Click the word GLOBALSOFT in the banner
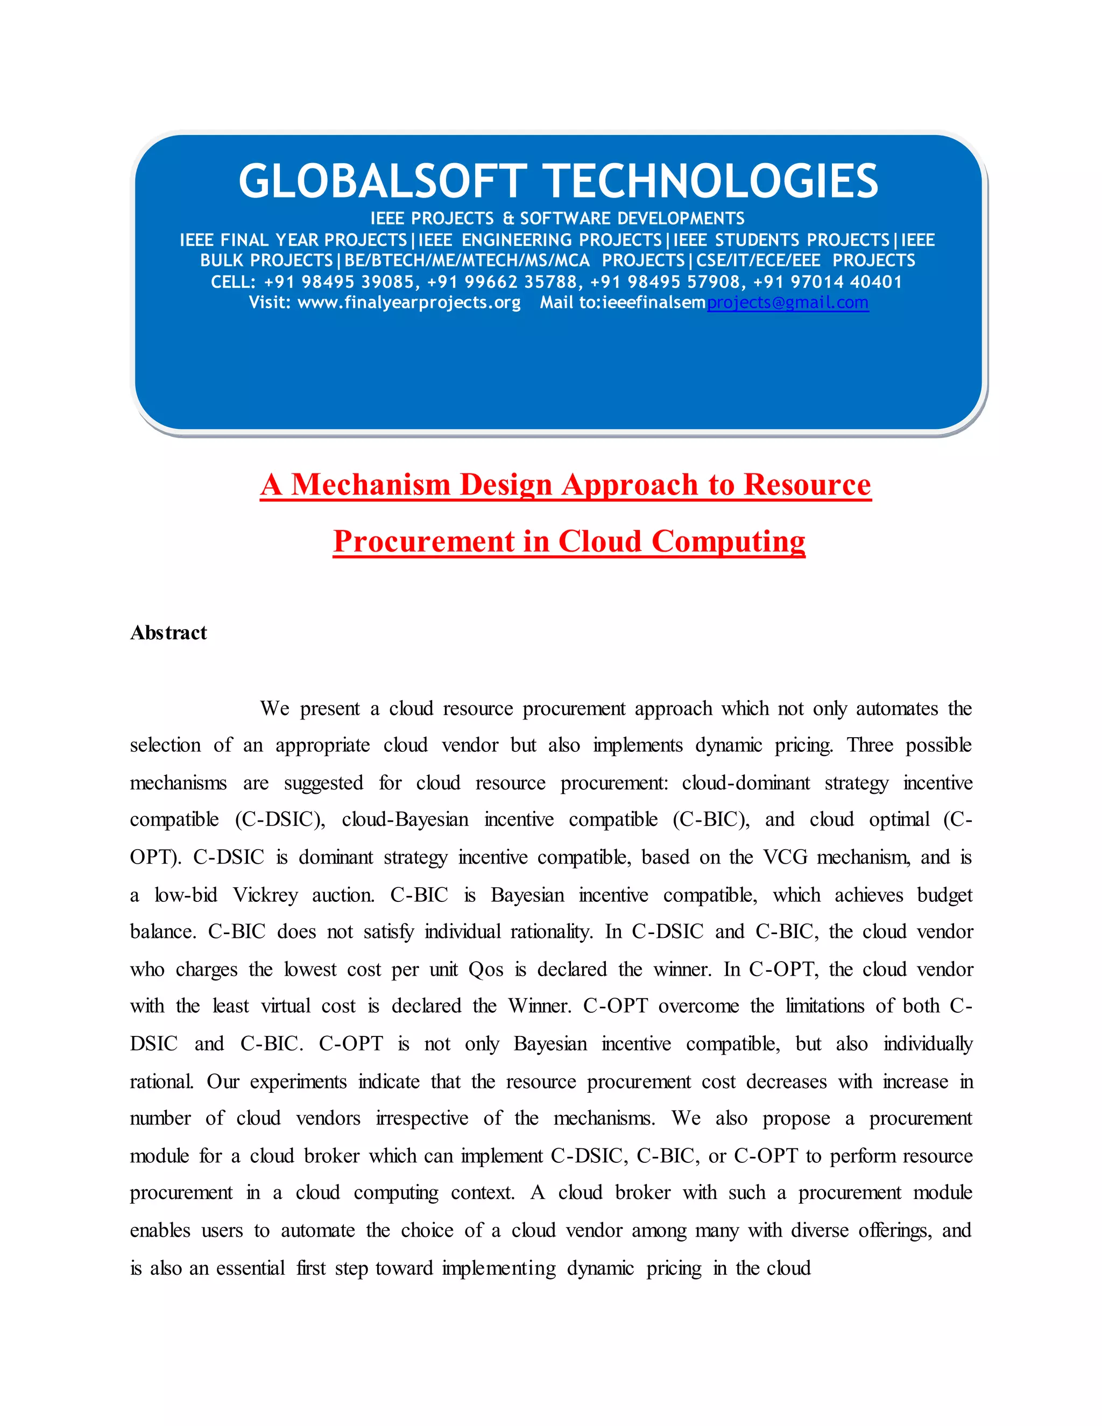[x=382, y=181]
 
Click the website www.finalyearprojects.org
[x=409, y=303]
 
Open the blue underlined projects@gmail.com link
[x=787, y=303]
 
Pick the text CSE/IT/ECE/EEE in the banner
[x=758, y=260]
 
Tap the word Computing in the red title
[x=728, y=542]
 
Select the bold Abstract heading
[x=168, y=633]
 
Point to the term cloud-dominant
[x=746, y=783]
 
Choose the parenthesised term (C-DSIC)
[x=280, y=820]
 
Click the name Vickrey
[x=265, y=895]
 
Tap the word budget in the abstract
[x=944, y=895]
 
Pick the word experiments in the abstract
[x=298, y=1082]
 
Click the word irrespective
[x=422, y=1119]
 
